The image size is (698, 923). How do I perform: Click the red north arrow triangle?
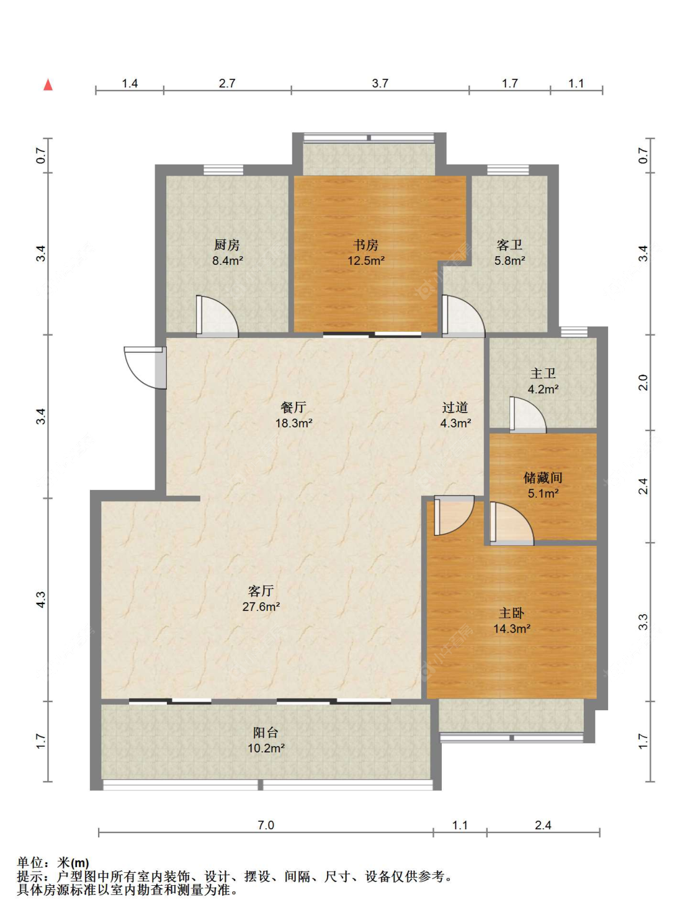click(48, 84)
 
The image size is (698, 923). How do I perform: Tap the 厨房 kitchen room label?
click(226, 245)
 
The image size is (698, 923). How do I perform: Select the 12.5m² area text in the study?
click(366, 261)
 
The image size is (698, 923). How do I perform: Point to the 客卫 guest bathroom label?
click(509, 245)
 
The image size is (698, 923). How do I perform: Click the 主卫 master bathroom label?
click(543, 373)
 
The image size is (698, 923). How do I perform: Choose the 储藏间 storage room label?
click(543, 478)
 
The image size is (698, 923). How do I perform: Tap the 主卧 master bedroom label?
click(511, 613)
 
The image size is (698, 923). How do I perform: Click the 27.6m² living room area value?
click(261, 607)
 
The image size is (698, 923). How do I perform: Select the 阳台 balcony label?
click(266, 733)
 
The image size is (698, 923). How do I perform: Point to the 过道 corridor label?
click(455, 408)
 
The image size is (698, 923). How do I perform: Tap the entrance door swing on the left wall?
click(145, 367)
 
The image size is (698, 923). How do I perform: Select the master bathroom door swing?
click(528, 414)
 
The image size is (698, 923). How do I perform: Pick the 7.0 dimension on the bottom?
click(266, 826)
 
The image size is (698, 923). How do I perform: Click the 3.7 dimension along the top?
click(380, 83)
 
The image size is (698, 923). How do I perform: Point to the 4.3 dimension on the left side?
click(40, 599)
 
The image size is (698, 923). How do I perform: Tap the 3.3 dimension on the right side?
click(643, 622)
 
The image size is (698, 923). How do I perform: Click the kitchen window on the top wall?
click(223, 170)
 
